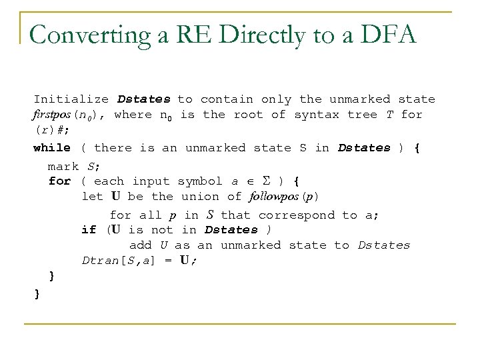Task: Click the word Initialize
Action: click(x=71, y=99)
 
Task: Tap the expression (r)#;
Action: click(x=49, y=131)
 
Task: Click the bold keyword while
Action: click(x=52, y=147)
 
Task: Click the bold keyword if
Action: click(x=89, y=230)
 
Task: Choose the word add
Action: click(x=140, y=245)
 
